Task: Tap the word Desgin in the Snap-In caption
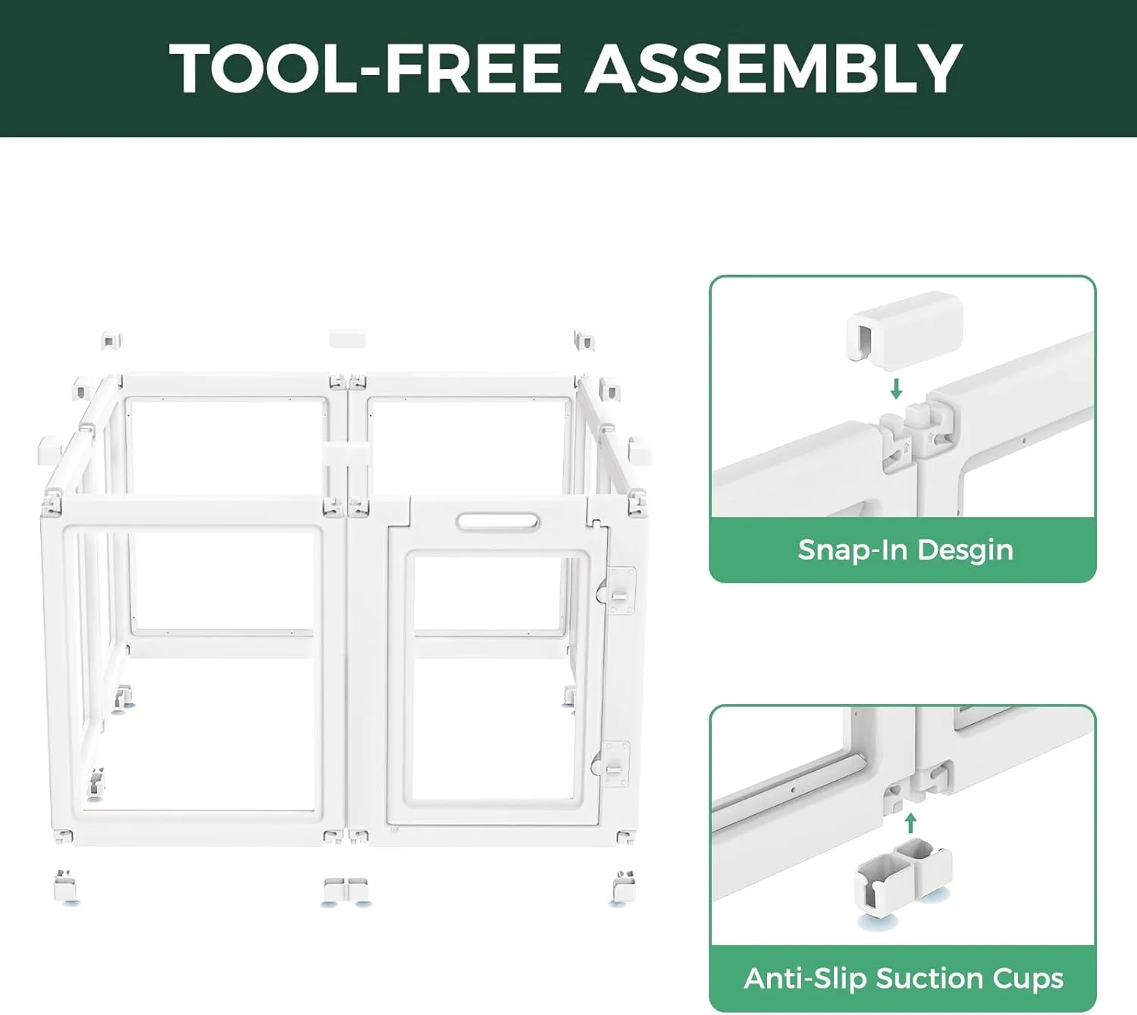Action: point(966,551)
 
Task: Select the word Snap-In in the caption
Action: point(853,550)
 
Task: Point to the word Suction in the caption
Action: point(929,979)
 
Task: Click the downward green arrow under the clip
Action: point(896,389)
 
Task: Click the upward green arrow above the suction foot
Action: point(911,823)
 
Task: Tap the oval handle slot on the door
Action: point(498,522)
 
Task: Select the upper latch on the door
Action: point(617,590)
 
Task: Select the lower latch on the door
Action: point(612,764)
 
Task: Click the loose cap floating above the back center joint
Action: point(347,339)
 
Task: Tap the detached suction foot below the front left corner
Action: point(66,888)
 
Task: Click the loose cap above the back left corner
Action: point(111,340)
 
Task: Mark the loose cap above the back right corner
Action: point(584,340)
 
